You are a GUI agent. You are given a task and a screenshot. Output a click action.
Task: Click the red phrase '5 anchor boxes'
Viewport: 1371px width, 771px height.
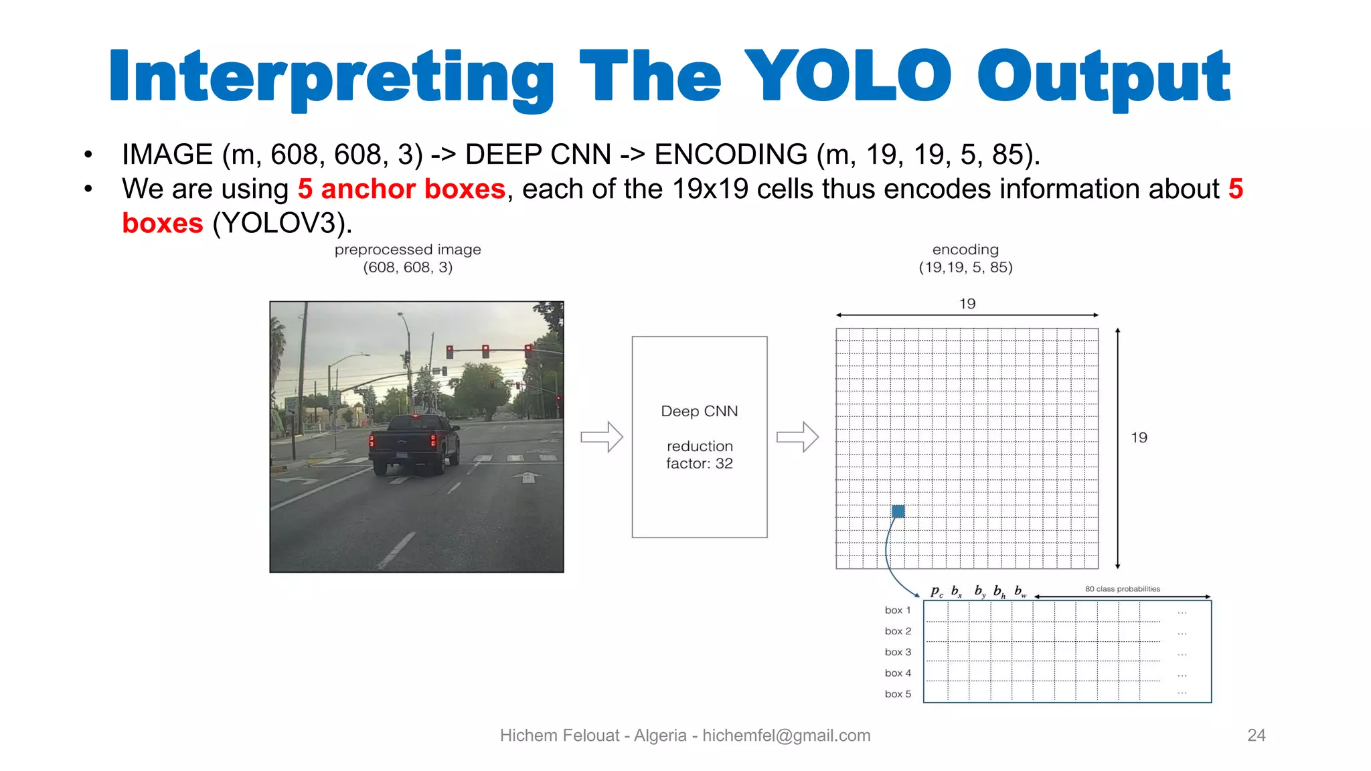pos(401,189)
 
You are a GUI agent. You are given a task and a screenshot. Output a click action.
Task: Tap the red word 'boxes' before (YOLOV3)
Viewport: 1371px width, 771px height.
pos(163,223)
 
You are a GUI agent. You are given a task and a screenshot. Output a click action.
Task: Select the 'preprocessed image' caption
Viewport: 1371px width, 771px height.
pos(408,250)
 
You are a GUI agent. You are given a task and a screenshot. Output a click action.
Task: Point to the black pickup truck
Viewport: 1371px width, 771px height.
pos(415,442)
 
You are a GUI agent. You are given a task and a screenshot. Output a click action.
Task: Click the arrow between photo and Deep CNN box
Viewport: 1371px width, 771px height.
pos(601,437)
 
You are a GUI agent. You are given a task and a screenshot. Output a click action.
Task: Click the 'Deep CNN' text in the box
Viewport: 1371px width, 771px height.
pos(699,411)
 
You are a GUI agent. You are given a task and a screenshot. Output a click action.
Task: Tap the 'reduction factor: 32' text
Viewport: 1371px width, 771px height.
pos(699,454)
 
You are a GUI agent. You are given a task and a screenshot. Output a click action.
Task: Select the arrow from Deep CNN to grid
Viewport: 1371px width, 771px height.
pos(797,437)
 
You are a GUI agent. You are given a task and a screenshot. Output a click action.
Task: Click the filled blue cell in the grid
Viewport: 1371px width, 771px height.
pos(898,511)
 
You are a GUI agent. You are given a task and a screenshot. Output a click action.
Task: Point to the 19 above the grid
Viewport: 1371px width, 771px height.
pos(967,304)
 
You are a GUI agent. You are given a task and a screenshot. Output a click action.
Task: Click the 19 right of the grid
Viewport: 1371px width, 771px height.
pos(1139,438)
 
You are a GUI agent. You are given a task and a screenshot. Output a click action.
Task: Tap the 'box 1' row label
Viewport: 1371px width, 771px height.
pos(898,610)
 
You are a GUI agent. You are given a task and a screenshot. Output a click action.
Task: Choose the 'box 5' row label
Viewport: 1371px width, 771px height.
pos(898,694)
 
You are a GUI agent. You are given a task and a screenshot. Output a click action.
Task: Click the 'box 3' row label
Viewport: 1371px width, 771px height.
pos(898,652)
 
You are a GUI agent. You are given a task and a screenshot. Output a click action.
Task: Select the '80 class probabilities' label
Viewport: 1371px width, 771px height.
pos(1122,589)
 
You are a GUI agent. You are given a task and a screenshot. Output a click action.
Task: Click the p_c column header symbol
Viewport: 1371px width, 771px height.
pos(937,591)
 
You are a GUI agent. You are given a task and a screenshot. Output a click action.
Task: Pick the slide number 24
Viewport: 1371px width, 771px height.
pos(1256,735)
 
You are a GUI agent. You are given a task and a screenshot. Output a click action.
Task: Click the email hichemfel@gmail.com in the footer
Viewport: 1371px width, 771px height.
pos(786,736)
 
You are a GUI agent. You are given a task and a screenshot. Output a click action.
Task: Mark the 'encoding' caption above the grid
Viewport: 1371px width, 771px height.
pos(965,250)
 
